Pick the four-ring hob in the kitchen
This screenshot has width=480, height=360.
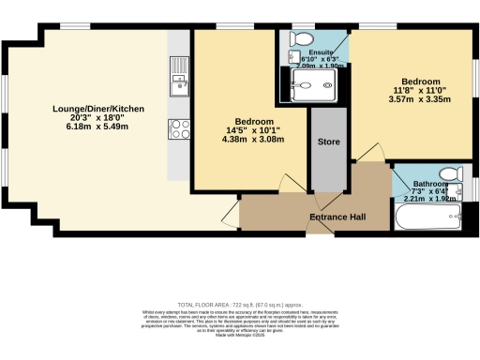tap(177, 128)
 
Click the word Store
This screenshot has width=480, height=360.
tap(328, 142)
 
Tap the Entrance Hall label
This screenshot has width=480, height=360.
tap(337, 217)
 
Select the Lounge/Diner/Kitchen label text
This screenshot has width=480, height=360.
tap(98, 109)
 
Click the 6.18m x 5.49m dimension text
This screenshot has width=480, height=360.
tap(98, 127)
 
